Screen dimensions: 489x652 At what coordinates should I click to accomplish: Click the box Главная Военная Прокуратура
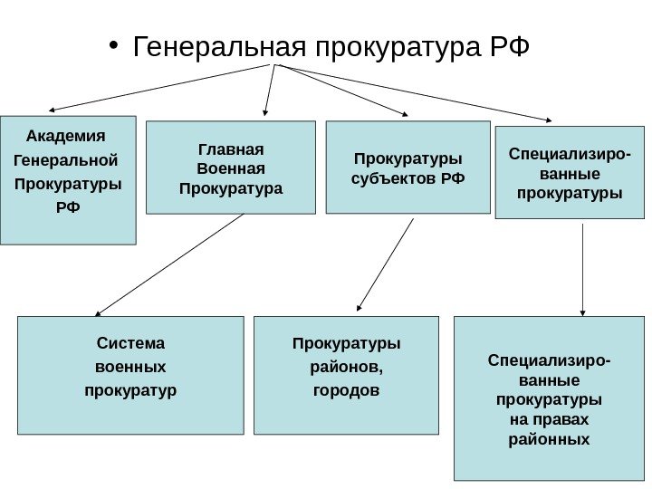click(231, 168)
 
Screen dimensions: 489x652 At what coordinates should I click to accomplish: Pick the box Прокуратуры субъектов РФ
click(407, 168)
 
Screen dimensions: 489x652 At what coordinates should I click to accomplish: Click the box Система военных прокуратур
click(131, 376)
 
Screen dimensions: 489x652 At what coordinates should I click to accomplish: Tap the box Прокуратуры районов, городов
click(346, 376)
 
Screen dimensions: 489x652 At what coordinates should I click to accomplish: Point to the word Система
click(131, 343)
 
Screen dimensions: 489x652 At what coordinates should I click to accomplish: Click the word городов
click(346, 391)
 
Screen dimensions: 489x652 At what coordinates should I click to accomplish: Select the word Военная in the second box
click(231, 168)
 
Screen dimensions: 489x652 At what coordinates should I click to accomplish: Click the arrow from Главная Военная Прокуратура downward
click(169, 264)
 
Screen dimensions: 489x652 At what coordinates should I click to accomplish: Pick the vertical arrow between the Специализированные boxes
click(582, 269)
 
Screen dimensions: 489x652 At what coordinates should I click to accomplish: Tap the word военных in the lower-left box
click(131, 368)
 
